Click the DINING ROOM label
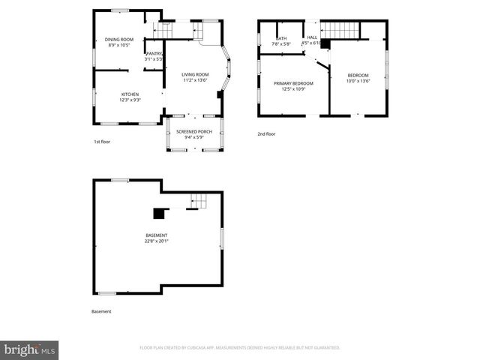(119, 39)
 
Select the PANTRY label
(154, 53)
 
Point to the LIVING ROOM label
(195, 74)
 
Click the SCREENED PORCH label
(194, 131)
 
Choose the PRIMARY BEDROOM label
(293, 83)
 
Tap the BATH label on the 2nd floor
(282, 38)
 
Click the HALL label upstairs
(312, 37)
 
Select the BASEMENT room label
(157, 235)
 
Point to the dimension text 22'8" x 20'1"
(157, 241)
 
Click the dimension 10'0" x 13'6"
(358, 81)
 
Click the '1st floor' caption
(102, 141)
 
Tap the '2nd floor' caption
(266, 133)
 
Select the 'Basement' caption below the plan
(101, 311)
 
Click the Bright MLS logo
(30, 349)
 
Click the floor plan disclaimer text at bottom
(240, 348)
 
